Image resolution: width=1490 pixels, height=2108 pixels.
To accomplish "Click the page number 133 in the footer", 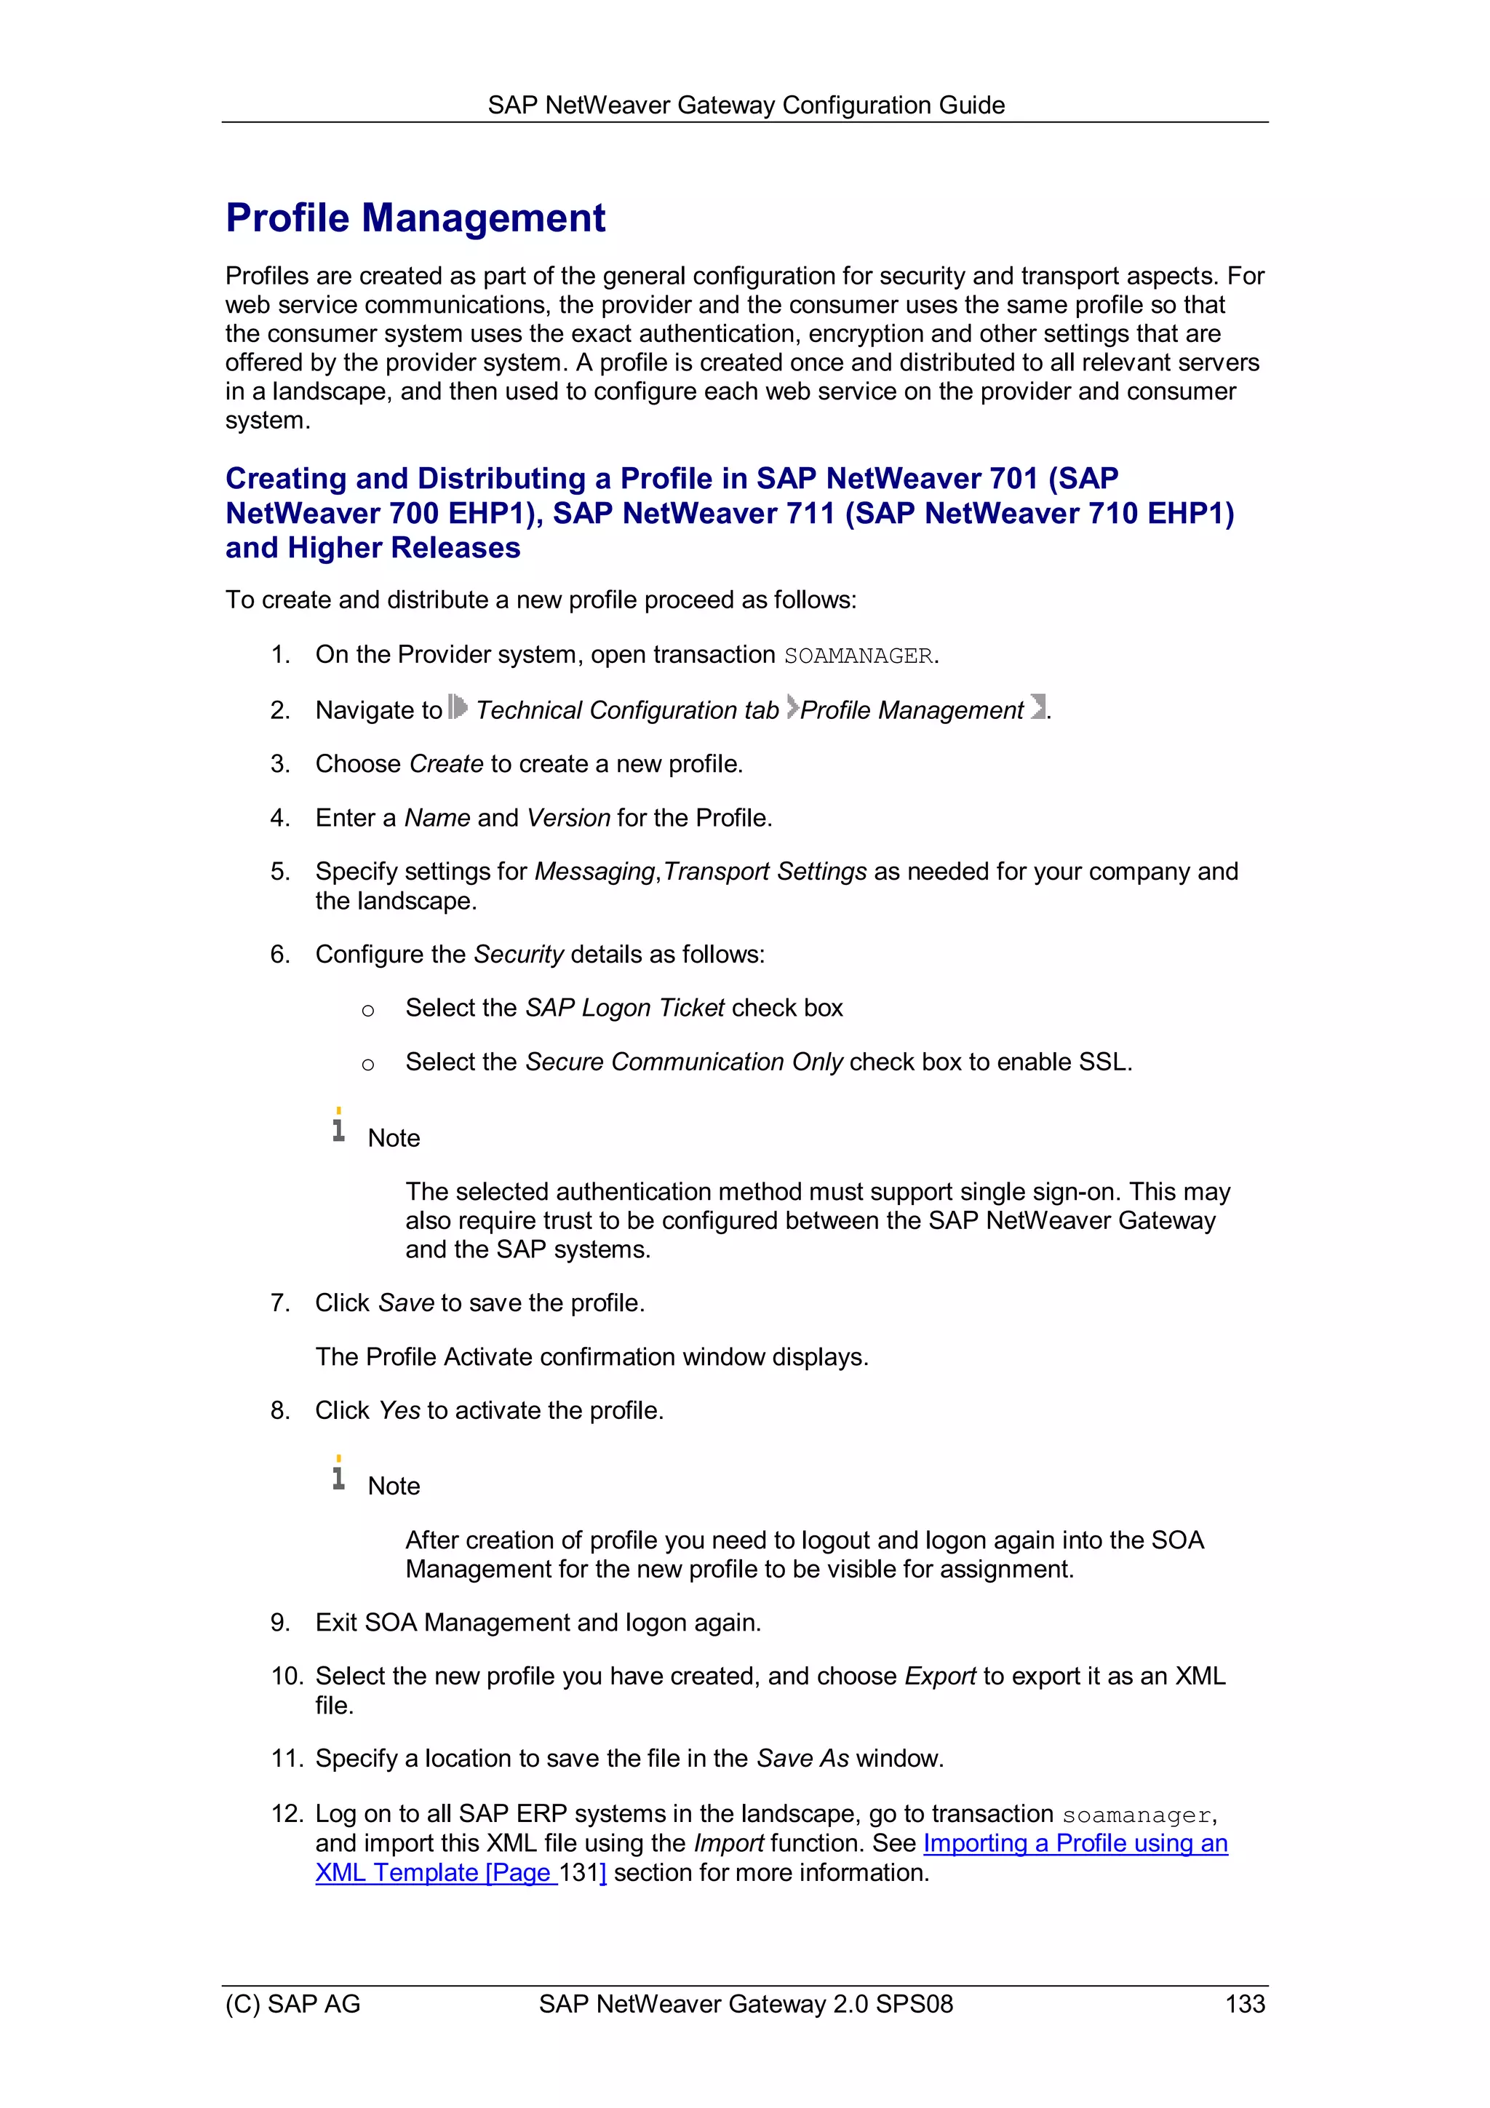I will (1244, 2003).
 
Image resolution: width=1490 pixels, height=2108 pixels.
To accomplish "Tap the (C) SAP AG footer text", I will (293, 2003).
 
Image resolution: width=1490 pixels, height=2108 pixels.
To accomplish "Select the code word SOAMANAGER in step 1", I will (858, 656).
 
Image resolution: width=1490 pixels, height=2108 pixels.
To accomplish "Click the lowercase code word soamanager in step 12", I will (1136, 1815).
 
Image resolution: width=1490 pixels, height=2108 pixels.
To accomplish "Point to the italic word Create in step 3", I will (446, 764).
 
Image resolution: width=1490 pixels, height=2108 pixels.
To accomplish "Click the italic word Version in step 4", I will (568, 817).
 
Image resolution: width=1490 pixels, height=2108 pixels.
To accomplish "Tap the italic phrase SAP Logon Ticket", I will (624, 1008).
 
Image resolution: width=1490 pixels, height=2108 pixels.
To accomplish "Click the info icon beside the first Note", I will (339, 1126).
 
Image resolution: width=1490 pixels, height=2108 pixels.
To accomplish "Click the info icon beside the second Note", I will (339, 1473).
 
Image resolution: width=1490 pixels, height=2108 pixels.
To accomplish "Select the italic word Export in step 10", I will (939, 1676).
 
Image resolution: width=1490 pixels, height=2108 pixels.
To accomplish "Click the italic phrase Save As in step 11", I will (802, 1758).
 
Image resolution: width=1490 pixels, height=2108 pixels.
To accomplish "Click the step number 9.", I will (280, 1623).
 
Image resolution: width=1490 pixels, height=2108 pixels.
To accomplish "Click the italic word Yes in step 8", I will (399, 1410).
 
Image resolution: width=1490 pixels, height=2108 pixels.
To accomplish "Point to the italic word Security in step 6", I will (518, 954).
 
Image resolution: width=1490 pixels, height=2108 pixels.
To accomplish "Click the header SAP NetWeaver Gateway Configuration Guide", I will (746, 106).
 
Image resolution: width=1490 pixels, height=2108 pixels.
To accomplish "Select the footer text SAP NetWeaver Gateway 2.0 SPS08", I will (746, 2003).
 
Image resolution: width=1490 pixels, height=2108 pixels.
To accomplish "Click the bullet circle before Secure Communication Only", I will (368, 1064).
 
